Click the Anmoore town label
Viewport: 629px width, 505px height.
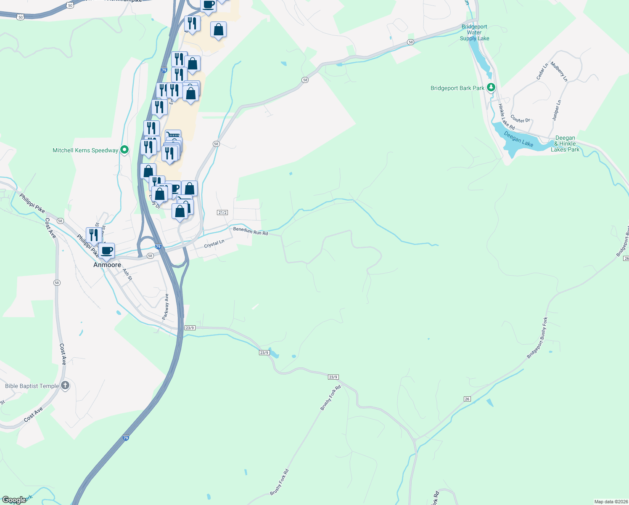(x=107, y=265)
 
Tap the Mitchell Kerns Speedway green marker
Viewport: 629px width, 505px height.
(x=124, y=150)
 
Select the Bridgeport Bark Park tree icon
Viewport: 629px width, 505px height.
(x=491, y=88)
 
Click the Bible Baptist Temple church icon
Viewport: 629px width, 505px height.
(x=65, y=385)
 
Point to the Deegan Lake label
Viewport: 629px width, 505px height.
(x=518, y=139)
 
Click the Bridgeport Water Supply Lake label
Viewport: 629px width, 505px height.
(x=474, y=32)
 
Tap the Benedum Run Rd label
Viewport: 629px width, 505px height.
(x=251, y=231)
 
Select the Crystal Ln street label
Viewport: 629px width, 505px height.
(x=214, y=244)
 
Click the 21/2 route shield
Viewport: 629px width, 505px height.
(x=222, y=213)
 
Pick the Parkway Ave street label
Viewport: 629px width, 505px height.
(x=166, y=306)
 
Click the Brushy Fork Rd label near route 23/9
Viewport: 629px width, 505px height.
(x=330, y=397)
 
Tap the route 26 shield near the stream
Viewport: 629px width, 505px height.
(x=467, y=399)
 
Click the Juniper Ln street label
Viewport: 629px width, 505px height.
(x=556, y=110)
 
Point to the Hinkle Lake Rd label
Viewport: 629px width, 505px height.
(x=506, y=117)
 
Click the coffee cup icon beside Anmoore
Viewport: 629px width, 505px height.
(x=107, y=250)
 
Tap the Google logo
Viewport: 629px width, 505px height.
(x=14, y=500)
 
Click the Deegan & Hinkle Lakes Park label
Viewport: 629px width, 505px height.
(x=565, y=144)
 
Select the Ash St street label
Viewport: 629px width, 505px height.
(x=127, y=275)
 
